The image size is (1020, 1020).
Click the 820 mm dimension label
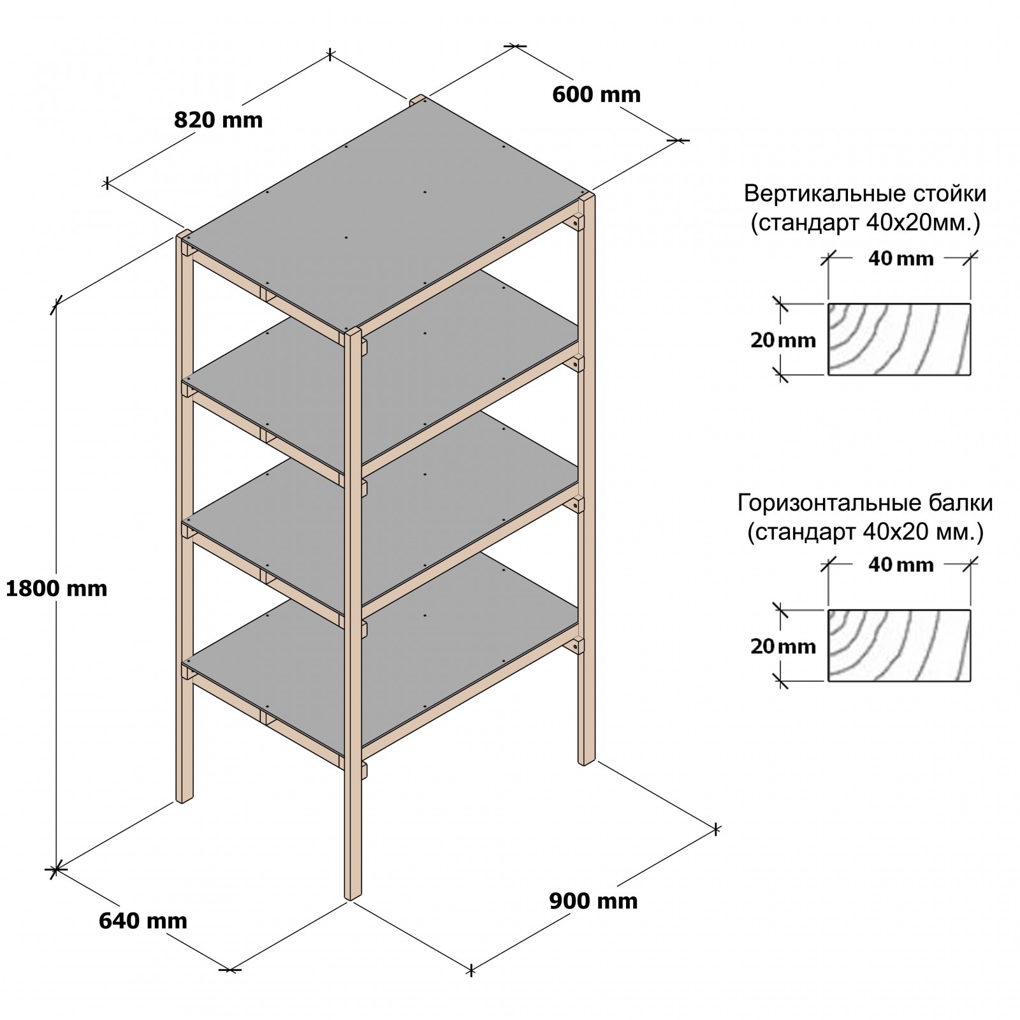click(x=218, y=120)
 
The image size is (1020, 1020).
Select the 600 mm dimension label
click(x=596, y=94)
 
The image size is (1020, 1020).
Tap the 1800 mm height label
click(x=57, y=588)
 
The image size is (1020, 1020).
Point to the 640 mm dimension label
click(x=143, y=921)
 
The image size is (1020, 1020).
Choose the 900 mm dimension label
click(x=593, y=901)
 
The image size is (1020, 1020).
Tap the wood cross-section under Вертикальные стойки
click(x=899, y=339)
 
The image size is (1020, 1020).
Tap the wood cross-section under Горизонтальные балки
click(x=899, y=645)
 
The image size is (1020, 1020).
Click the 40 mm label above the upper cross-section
click(x=900, y=258)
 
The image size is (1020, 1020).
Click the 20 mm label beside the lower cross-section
click(x=783, y=646)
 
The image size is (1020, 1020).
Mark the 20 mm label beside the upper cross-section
click(x=783, y=340)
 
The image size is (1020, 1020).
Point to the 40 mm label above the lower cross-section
click(x=900, y=564)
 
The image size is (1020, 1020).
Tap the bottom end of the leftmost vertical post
click(x=184, y=798)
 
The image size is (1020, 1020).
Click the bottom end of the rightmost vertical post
click(x=586, y=760)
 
